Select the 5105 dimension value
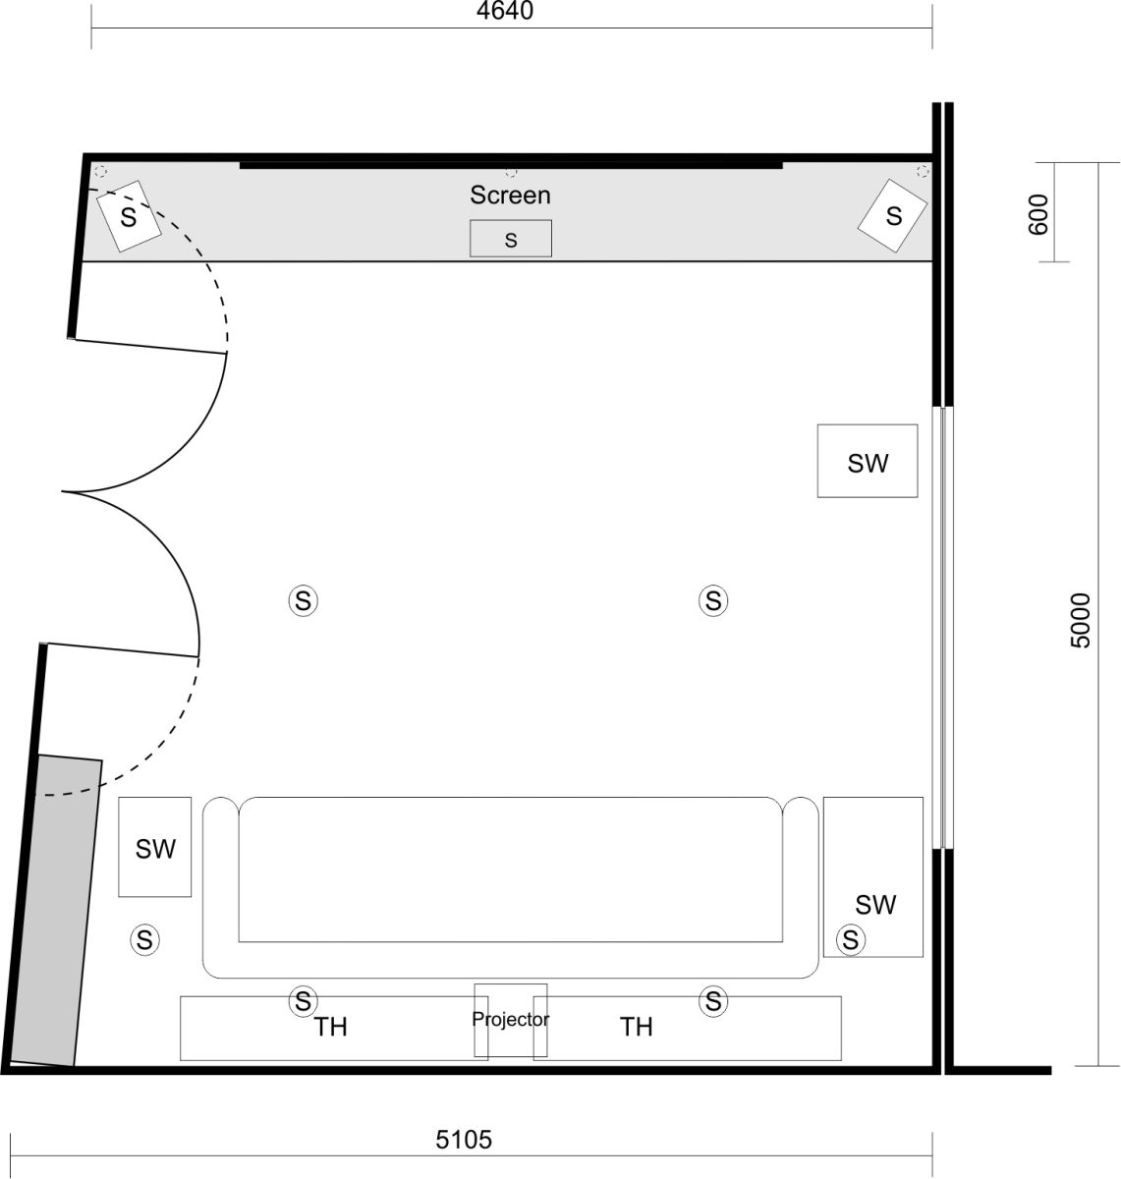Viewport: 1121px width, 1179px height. (x=464, y=1140)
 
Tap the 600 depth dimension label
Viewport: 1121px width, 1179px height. (x=1037, y=213)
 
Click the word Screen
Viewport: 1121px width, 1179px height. (x=510, y=195)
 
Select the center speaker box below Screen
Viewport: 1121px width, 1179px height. (x=510, y=239)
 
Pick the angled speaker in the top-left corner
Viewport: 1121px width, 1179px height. (x=129, y=216)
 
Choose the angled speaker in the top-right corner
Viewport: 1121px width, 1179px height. (x=893, y=215)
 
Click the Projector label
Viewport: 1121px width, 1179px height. (x=510, y=1020)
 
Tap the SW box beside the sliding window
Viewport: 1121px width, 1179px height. (x=868, y=462)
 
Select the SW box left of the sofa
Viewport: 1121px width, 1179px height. (x=155, y=848)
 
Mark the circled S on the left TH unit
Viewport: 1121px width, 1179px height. (x=303, y=1001)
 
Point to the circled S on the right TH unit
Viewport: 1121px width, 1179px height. (x=713, y=1001)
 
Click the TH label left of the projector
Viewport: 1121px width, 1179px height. (x=331, y=1028)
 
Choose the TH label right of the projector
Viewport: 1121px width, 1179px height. (x=637, y=1028)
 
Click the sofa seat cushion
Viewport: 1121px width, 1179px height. (x=510, y=870)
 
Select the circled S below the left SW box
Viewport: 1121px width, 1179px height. (x=144, y=940)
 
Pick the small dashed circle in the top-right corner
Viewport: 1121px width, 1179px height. (x=922, y=172)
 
